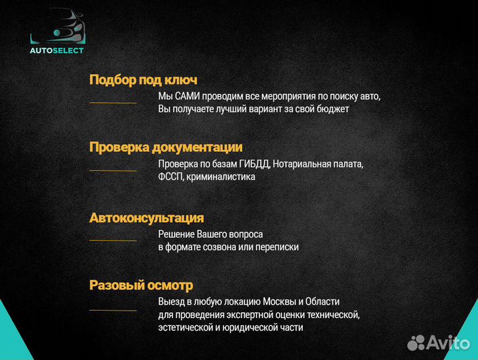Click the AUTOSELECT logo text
(x=57, y=50)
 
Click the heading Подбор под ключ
(x=143, y=80)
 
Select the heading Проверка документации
(x=166, y=147)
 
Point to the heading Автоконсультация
(x=147, y=218)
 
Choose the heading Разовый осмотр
(x=141, y=285)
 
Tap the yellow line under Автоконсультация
(x=113, y=240)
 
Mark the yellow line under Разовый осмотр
(x=113, y=310)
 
